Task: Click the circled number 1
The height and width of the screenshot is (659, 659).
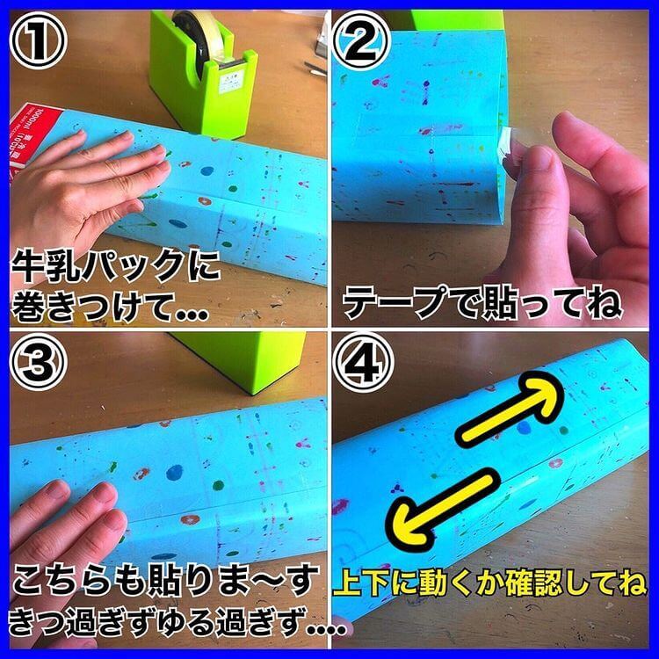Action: click(x=39, y=40)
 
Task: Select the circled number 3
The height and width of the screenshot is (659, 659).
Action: click(x=39, y=363)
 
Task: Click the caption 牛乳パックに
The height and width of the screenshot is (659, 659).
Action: click(x=116, y=265)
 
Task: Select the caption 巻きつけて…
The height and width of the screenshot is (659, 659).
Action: click(x=110, y=303)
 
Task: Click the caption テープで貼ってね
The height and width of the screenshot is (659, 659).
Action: click(x=482, y=303)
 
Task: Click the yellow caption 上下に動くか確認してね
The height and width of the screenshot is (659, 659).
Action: click(x=490, y=582)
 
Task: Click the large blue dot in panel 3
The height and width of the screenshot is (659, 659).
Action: click(x=175, y=473)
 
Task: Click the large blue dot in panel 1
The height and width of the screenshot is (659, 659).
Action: click(x=207, y=171)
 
